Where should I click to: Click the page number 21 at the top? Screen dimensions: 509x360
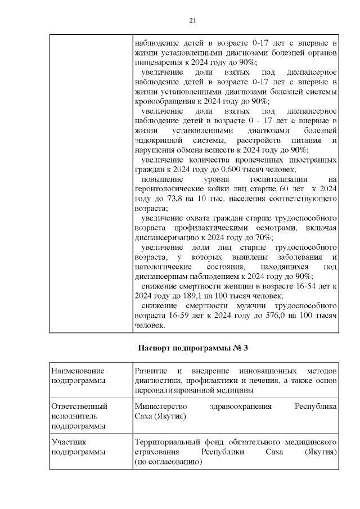(x=192, y=21)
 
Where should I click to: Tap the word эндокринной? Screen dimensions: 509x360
(x=159, y=139)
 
